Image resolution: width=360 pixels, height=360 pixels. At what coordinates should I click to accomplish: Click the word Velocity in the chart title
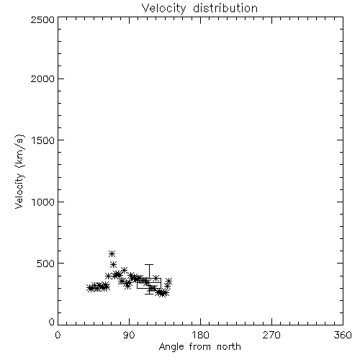coord(163,9)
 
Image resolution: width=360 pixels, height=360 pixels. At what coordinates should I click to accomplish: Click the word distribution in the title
coord(225,8)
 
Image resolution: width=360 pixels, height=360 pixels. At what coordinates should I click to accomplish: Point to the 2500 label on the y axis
coord(42,19)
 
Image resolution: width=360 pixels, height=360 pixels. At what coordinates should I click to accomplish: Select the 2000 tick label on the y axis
coord(42,79)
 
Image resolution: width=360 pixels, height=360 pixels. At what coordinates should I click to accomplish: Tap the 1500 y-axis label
coord(43,140)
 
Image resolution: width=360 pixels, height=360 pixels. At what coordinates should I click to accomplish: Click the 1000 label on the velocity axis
coord(43,202)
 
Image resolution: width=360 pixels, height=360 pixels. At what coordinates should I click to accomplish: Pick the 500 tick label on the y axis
coord(45,264)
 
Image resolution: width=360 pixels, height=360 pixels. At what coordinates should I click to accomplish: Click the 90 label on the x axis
coord(129,335)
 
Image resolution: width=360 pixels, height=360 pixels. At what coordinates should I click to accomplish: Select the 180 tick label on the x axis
coord(200,335)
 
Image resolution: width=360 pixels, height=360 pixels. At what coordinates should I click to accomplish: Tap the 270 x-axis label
coord(271,335)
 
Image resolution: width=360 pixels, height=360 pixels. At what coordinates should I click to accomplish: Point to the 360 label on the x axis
coord(343,335)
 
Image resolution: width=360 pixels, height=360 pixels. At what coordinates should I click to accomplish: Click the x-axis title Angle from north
coord(200,347)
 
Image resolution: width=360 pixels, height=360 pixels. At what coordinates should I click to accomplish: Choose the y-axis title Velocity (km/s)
coord(19,171)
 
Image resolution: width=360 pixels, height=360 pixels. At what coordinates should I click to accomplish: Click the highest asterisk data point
coord(112,253)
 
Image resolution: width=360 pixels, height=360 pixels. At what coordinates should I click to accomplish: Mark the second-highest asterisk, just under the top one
coord(113,265)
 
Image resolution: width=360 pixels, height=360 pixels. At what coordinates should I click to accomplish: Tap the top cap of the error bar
coord(149,265)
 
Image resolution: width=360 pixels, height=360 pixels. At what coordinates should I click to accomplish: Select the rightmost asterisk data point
coord(168,281)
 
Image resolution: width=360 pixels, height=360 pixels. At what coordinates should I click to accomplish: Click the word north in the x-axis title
coord(229,346)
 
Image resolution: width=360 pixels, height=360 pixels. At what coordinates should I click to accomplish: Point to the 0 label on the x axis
coord(58,335)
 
